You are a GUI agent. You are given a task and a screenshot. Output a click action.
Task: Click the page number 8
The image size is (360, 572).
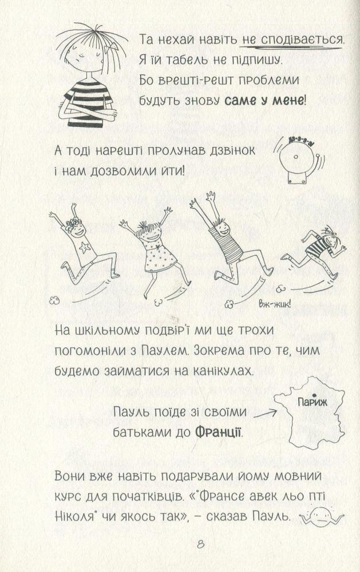pos(200,545)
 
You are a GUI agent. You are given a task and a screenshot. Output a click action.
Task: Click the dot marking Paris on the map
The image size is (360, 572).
pos(314,395)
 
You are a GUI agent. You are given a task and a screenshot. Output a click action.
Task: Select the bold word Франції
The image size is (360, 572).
pos(219,432)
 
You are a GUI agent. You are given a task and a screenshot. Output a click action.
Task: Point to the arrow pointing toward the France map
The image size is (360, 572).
pos(264,414)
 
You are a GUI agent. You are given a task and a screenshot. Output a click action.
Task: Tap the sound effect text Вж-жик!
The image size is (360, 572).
pos(275,304)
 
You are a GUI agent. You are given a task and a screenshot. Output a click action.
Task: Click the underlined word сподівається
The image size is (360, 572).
pos(292,39)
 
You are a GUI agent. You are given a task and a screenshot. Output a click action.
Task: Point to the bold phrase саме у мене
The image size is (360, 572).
pos(263,100)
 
